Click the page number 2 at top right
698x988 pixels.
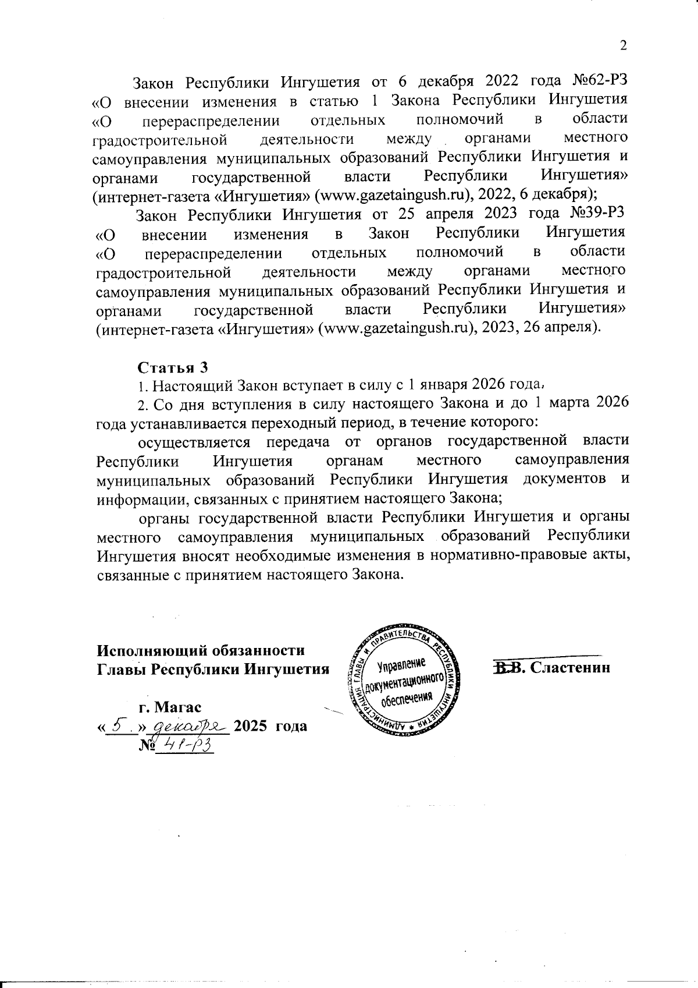(x=624, y=47)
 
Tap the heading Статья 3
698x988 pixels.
(x=172, y=367)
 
